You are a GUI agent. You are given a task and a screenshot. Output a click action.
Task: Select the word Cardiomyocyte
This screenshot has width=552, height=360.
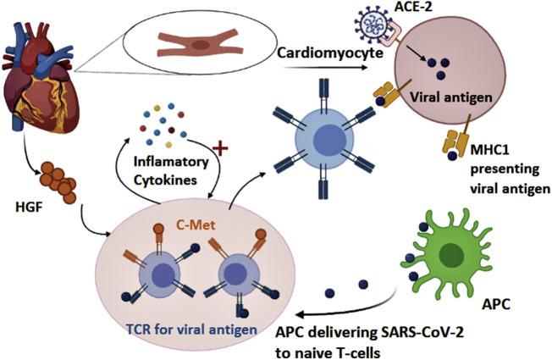coord(328,54)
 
